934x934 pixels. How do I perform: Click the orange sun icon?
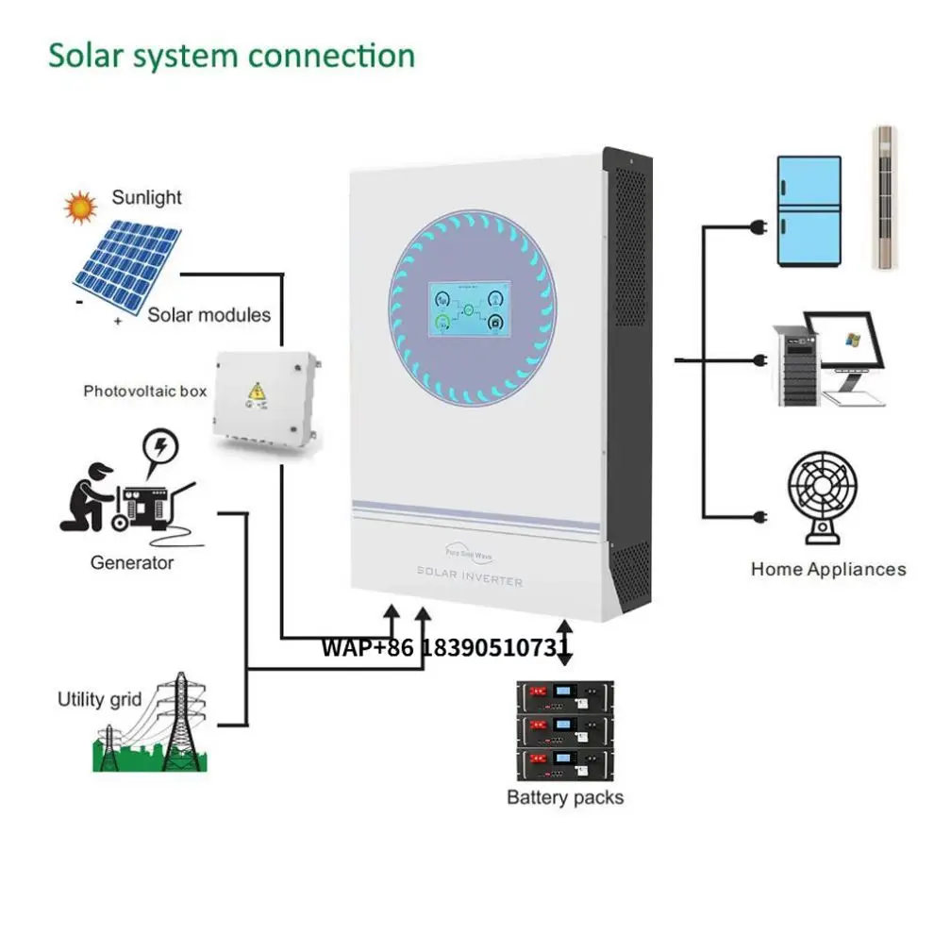pos(80,206)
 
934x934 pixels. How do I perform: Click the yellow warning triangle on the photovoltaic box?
pos(255,392)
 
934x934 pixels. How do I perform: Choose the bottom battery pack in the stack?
pos(563,762)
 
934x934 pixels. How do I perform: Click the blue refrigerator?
pos(808,210)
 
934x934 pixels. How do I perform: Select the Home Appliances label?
pos(828,569)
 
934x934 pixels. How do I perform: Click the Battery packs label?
pos(565,797)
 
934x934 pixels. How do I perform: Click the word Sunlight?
pos(146,198)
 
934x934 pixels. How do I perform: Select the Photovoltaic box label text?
pos(144,390)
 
